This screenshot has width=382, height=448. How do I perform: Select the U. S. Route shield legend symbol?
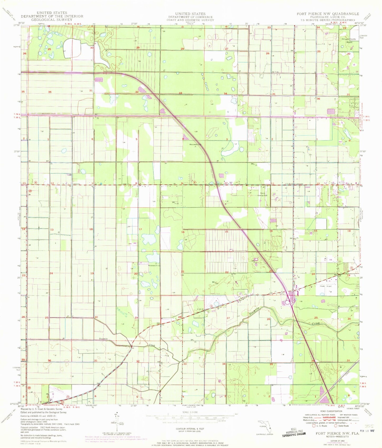pyautogui.click(x=314, y=426)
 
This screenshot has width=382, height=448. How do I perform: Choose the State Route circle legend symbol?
pyautogui.click(x=336, y=426)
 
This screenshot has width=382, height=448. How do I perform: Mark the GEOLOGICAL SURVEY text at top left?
pyautogui.click(x=52, y=20)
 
